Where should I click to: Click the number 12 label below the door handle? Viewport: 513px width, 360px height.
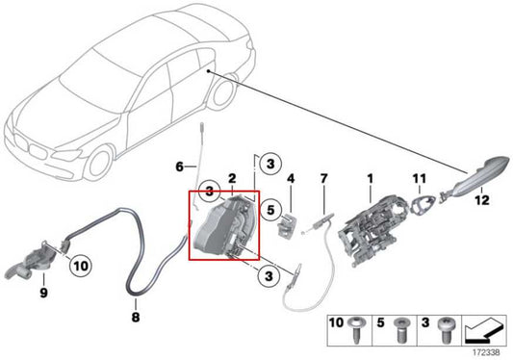[481, 200]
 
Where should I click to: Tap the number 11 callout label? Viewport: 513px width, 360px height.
[420, 178]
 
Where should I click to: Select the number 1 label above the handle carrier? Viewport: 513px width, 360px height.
[370, 178]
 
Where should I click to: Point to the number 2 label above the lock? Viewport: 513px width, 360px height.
[232, 179]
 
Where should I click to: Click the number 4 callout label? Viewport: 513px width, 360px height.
[290, 179]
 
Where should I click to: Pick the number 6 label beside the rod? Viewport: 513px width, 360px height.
[178, 167]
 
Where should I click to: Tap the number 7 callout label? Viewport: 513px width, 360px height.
[324, 179]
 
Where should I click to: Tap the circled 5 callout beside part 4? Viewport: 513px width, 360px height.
[272, 206]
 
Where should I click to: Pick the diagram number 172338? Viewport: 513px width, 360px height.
[489, 351]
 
